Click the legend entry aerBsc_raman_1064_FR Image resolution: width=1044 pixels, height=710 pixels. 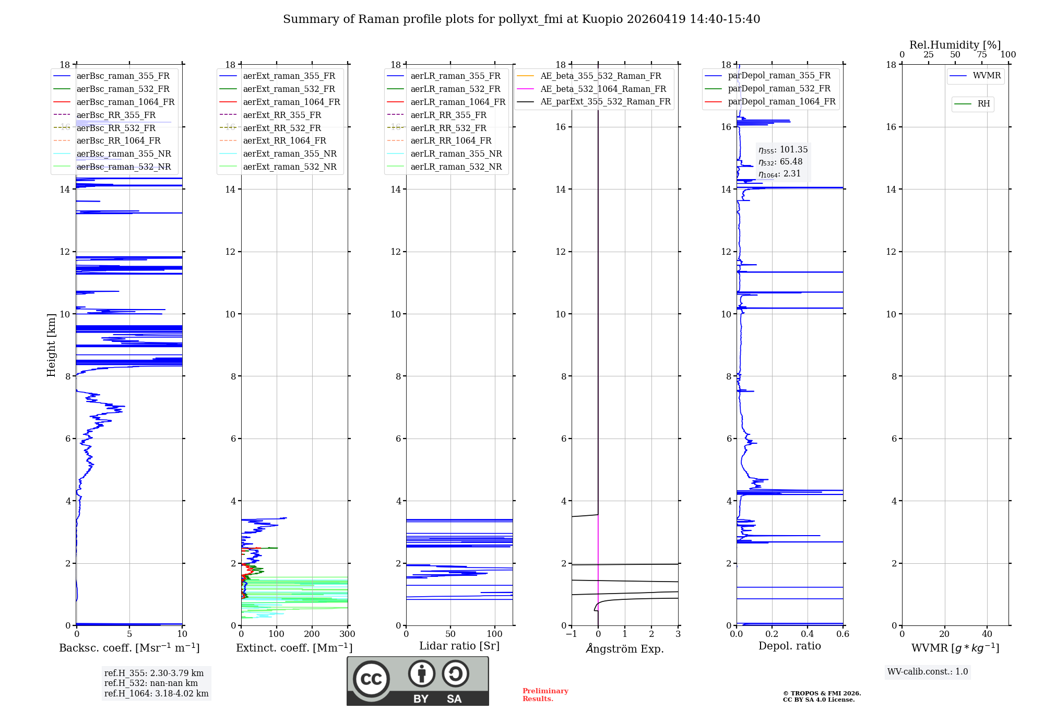pos(125,102)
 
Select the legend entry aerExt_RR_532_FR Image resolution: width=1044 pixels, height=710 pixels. pos(282,128)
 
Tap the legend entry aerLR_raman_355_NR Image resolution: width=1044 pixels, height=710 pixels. pos(456,153)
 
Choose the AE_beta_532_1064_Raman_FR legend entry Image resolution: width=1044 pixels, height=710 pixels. pos(603,89)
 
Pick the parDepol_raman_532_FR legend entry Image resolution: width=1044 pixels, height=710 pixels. pos(779,89)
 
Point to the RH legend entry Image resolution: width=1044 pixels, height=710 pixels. pos(983,104)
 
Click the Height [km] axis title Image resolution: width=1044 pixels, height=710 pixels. pos(51,345)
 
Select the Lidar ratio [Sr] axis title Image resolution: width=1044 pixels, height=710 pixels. pos(459,646)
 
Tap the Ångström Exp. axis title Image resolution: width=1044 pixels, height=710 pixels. pos(625,648)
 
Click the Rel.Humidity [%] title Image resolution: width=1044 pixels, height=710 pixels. pos(955,45)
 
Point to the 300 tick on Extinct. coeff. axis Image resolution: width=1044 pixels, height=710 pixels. pos(347,634)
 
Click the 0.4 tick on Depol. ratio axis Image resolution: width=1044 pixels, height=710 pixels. pos(807,634)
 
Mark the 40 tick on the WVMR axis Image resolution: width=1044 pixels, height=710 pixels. pos(987,634)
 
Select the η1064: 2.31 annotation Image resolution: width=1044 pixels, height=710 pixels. pos(779,174)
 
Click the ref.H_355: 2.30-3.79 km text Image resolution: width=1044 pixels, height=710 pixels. pos(153,673)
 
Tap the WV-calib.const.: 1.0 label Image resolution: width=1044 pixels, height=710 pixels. pos(927,672)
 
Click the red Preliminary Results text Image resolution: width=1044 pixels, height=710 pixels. pos(545,695)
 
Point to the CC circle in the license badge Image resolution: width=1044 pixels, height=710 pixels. pos(371,679)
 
